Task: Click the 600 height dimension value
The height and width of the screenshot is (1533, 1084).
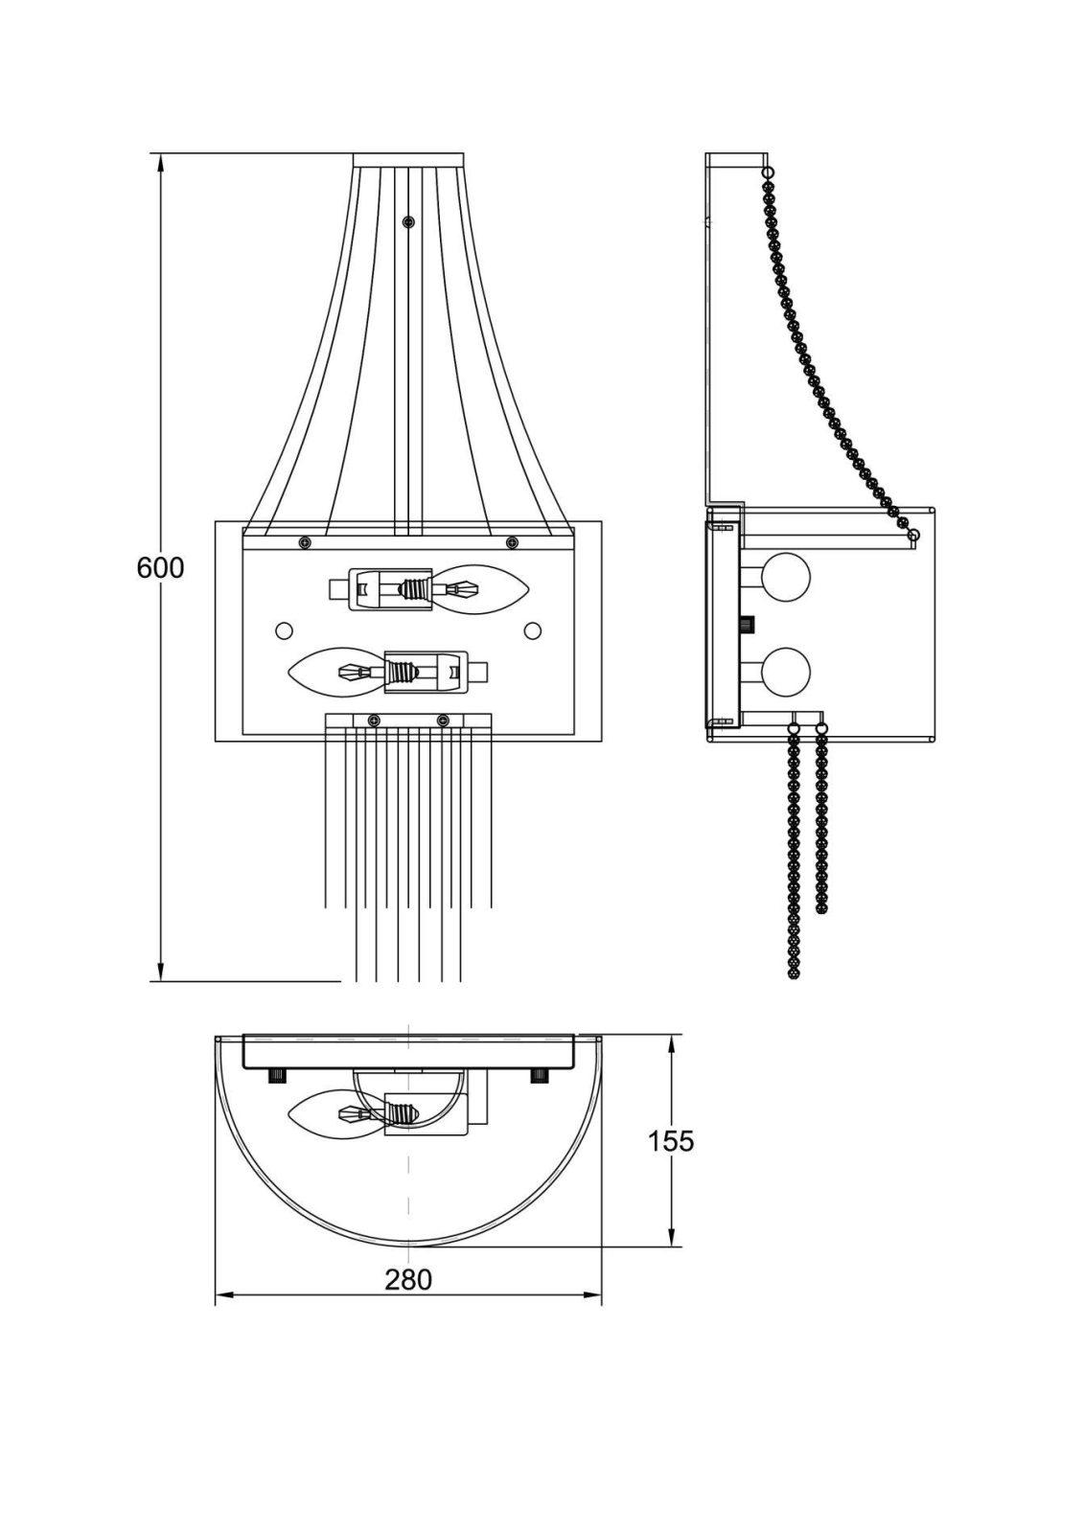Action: [160, 567]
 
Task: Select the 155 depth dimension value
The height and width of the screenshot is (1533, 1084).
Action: [670, 1141]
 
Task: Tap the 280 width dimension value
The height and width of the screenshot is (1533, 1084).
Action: [408, 1279]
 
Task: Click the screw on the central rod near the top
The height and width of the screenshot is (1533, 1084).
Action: [409, 222]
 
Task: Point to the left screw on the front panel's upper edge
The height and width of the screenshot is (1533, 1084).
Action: [305, 543]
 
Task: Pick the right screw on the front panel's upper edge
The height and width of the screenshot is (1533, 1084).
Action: [512, 543]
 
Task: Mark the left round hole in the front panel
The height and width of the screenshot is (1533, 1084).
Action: [283, 630]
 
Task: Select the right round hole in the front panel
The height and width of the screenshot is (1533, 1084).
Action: [533, 630]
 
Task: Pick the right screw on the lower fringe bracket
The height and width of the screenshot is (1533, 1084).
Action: [443, 721]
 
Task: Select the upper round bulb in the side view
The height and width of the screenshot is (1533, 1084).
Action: [787, 578]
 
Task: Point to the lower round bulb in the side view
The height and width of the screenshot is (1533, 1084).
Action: [787, 671]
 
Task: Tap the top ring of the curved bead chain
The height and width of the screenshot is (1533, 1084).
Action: [768, 172]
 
